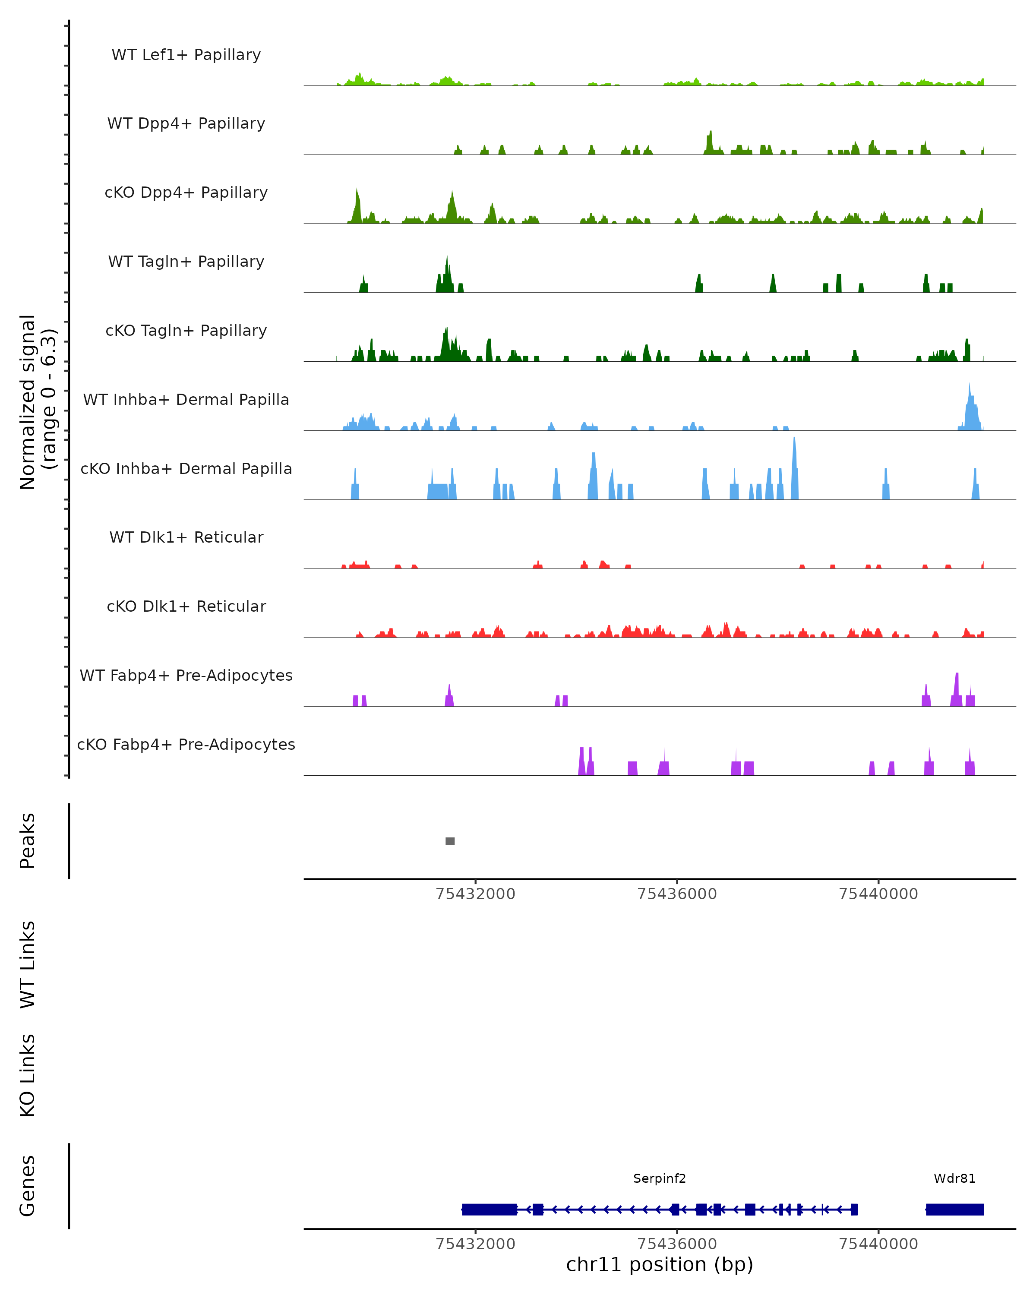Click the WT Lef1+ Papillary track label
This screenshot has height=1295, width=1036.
click(x=186, y=55)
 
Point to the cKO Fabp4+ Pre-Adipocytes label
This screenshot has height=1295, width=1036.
click(x=186, y=744)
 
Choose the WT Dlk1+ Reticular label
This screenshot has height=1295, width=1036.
click(x=186, y=537)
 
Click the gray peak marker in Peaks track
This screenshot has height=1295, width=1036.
click(x=450, y=841)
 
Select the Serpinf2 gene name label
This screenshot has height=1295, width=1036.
click(x=660, y=1178)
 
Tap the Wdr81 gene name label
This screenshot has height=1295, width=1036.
click(x=954, y=1178)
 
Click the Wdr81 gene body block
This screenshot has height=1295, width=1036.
click(x=954, y=1210)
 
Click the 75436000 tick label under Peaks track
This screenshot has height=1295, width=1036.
click(x=677, y=894)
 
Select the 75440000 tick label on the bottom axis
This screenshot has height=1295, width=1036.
click(x=878, y=1244)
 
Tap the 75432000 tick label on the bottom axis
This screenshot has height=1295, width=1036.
click(x=475, y=1244)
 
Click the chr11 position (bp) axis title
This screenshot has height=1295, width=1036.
click(x=660, y=1265)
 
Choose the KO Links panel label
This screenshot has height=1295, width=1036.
click(x=28, y=1075)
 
